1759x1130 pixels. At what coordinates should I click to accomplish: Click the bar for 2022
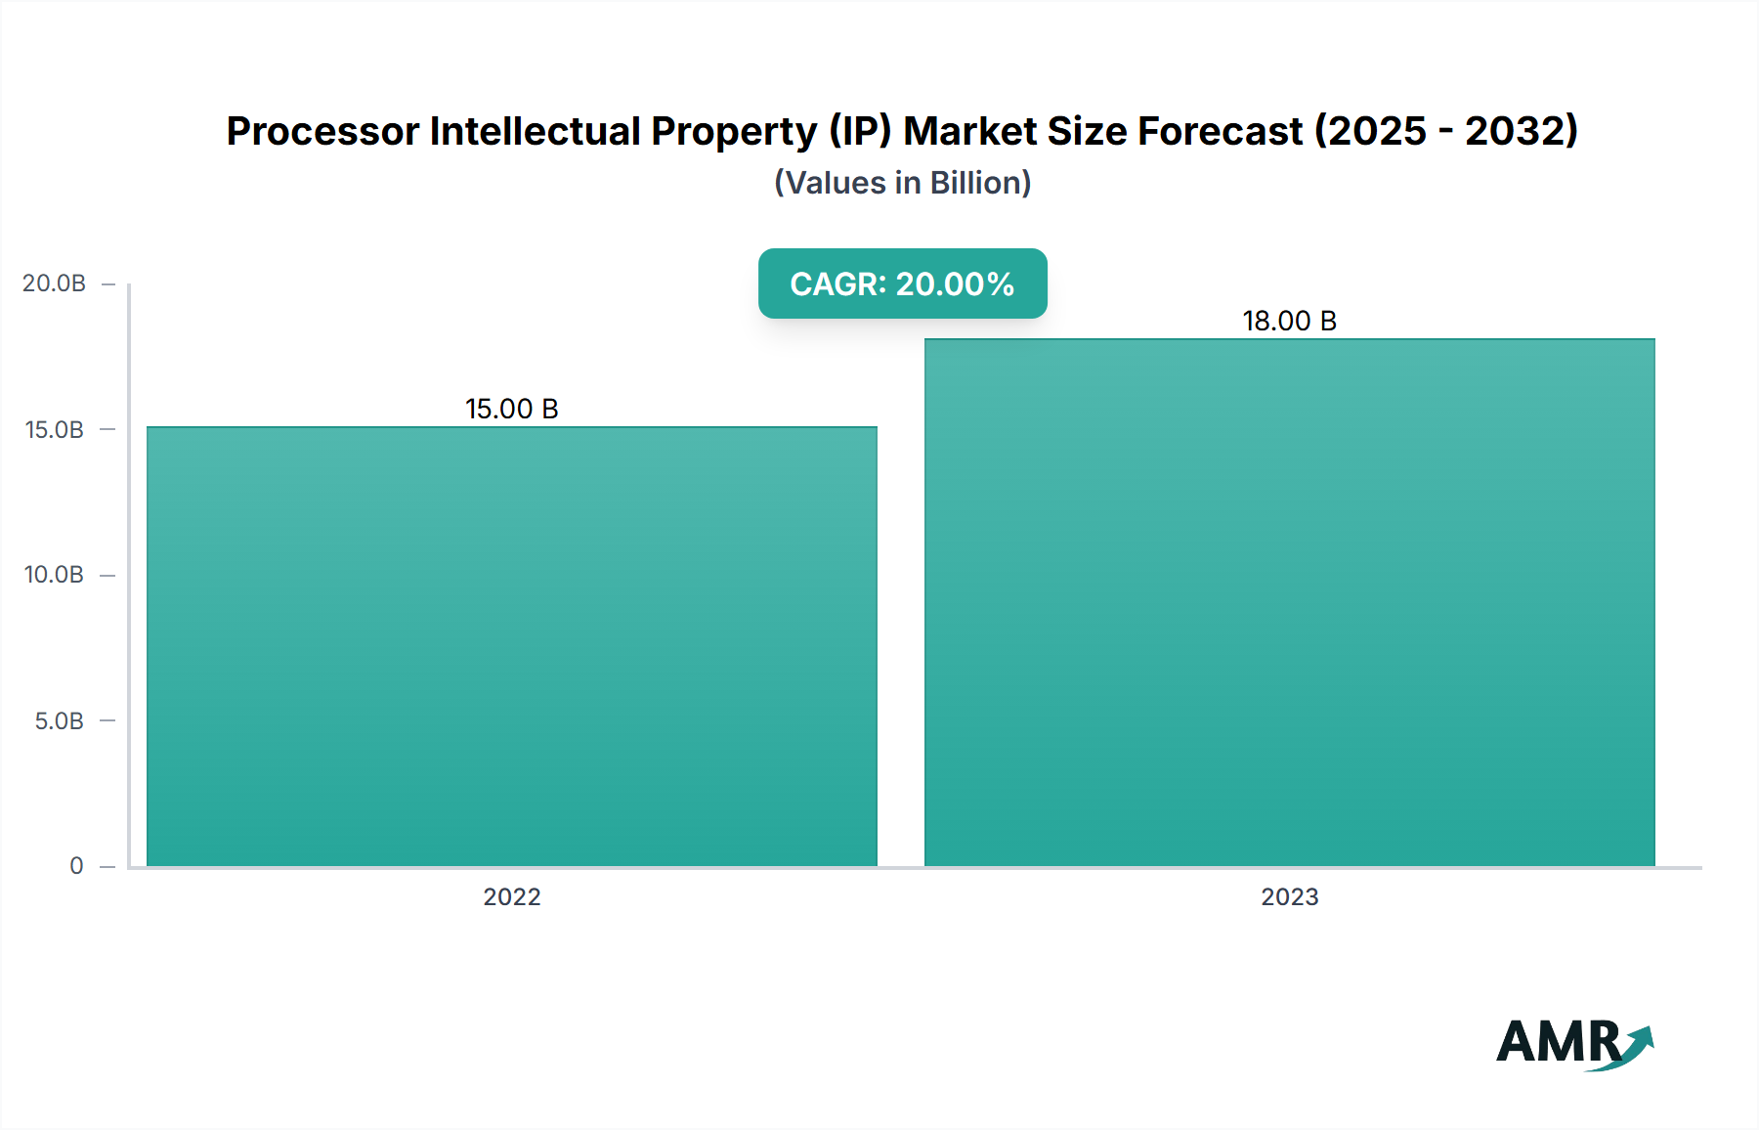(512, 646)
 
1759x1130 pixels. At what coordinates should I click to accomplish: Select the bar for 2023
(1289, 602)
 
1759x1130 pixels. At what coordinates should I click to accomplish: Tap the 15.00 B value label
(512, 409)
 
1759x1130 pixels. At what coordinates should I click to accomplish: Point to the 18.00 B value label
(1289, 321)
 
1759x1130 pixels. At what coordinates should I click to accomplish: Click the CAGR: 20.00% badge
(902, 283)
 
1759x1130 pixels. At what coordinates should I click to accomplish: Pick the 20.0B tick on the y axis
(55, 283)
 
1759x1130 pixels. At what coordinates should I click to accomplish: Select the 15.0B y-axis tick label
(55, 429)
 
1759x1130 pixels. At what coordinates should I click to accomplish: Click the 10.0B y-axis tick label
(55, 575)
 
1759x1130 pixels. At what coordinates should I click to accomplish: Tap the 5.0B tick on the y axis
(59, 720)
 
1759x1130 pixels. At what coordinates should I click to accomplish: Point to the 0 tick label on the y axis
(76, 865)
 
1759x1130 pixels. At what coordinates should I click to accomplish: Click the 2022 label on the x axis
(512, 896)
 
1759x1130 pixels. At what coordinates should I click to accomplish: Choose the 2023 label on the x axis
(1289, 896)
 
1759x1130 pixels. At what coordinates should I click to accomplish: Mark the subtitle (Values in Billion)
(902, 183)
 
